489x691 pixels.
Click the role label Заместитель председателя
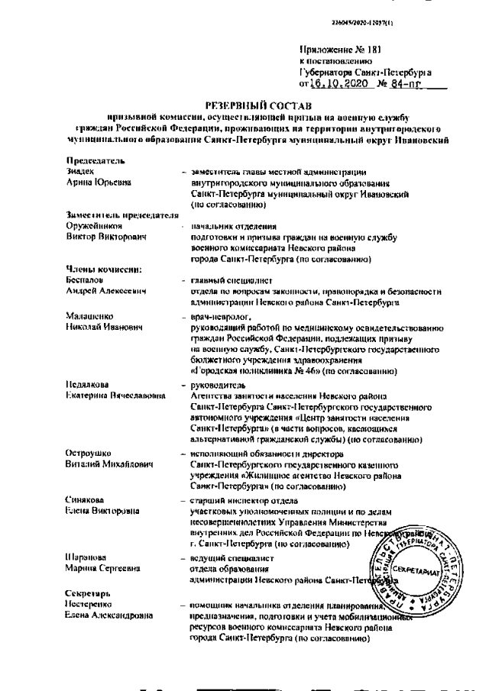point(116,216)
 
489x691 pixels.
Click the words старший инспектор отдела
point(237,501)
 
